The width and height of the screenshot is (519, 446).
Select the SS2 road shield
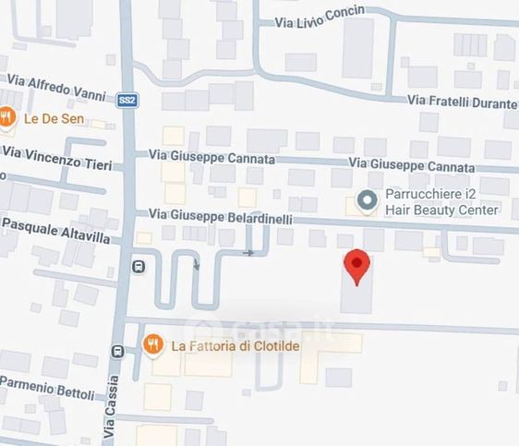(127, 102)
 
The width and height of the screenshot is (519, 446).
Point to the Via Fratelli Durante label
(462, 101)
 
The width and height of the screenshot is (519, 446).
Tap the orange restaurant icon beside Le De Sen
(7, 117)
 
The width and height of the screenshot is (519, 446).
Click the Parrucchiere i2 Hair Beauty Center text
(441, 202)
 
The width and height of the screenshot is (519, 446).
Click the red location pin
(357, 266)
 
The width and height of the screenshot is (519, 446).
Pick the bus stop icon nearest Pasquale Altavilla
(139, 267)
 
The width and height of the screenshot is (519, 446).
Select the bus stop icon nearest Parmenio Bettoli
(117, 352)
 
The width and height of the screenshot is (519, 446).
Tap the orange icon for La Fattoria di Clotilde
(154, 346)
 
